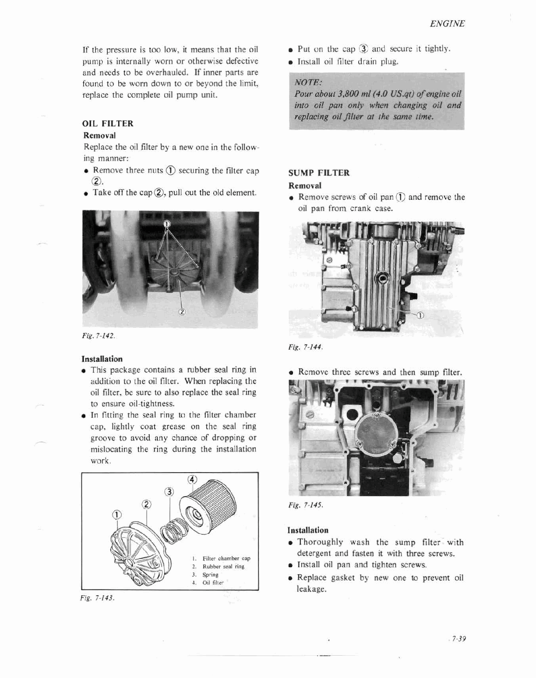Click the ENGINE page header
pyautogui.click(x=447, y=24)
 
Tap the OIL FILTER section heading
pyautogui.click(x=108, y=124)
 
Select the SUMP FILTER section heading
pyautogui.click(x=319, y=173)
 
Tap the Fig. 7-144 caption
pyautogui.click(x=305, y=347)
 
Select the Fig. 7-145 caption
pyautogui.click(x=305, y=505)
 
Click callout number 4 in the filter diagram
pyautogui.click(x=191, y=479)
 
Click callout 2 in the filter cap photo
pyautogui.click(x=182, y=312)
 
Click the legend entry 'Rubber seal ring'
pyautogui.click(x=223, y=566)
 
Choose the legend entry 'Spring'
pyautogui.click(x=210, y=575)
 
